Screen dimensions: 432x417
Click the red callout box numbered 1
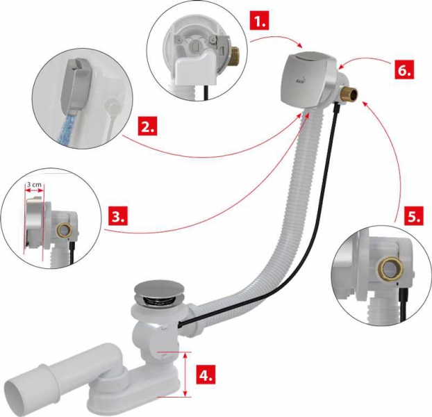point(258,20)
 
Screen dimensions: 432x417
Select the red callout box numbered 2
point(148,126)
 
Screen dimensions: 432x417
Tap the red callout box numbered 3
point(119,217)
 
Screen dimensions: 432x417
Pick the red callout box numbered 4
point(206,375)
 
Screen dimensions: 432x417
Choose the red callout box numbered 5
point(414,217)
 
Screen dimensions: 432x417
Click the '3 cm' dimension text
point(33,184)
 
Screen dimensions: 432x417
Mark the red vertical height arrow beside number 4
point(185,375)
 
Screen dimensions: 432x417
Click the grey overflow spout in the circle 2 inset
point(74,86)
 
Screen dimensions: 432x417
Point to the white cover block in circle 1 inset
point(197,67)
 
